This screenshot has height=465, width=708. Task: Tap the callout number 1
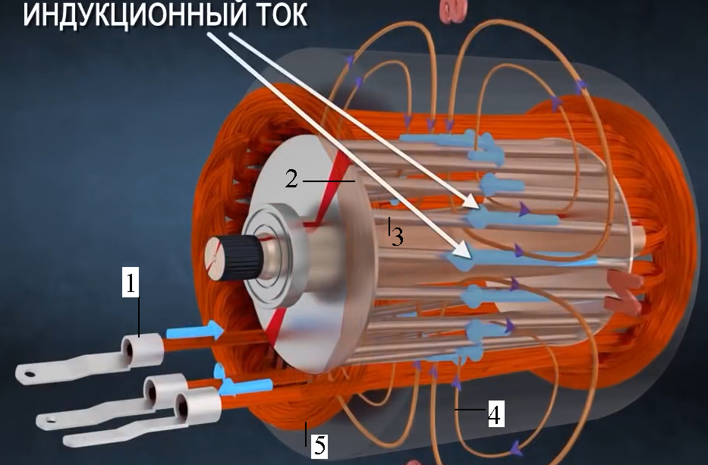(x=131, y=283)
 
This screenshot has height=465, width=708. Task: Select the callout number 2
(x=291, y=179)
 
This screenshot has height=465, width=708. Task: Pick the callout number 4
(x=496, y=414)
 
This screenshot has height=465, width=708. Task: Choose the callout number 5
(x=319, y=445)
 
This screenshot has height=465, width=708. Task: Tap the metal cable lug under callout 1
(x=90, y=359)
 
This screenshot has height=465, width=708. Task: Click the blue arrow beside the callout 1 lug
(x=195, y=331)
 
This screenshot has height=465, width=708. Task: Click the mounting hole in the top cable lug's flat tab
(x=30, y=373)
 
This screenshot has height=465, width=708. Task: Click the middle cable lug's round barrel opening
(x=150, y=388)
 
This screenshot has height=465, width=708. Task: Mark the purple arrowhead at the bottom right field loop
(x=516, y=449)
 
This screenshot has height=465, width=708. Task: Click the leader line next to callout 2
(x=329, y=181)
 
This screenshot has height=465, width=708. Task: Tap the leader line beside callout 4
(x=470, y=410)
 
